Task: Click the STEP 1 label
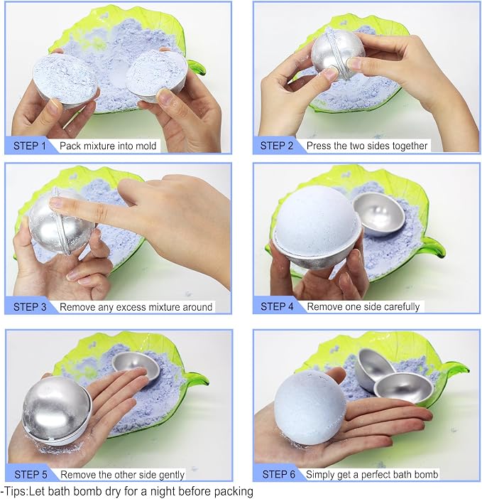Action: click(30, 146)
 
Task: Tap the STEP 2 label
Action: click(276, 146)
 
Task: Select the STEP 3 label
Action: click(30, 307)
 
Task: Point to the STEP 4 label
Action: click(277, 306)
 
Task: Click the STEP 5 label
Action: click(31, 475)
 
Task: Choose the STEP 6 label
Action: click(279, 474)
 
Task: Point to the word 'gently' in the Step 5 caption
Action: click(172, 475)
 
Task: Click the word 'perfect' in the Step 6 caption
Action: click(376, 475)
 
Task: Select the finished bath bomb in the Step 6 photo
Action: click(310, 408)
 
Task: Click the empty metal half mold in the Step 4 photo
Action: click(379, 215)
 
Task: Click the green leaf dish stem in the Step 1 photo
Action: click(197, 68)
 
